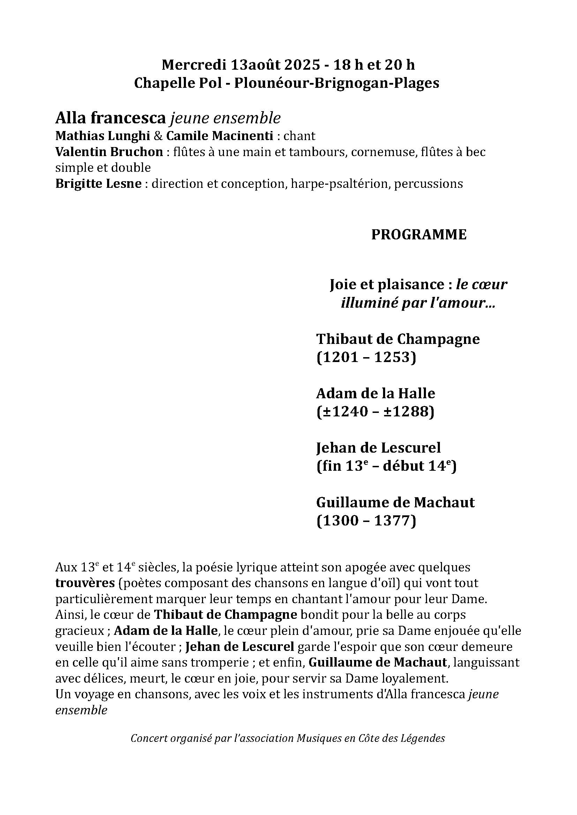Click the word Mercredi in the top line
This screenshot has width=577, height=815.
(x=194, y=65)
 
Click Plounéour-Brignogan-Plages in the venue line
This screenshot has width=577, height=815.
(x=336, y=83)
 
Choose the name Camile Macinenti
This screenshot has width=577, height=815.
(x=219, y=136)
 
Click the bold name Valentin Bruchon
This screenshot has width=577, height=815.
(x=109, y=152)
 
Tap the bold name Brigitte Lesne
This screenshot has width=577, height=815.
(x=98, y=184)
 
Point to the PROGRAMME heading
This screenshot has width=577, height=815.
(x=419, y=235)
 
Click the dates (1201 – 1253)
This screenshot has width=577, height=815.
(x=366, y=357)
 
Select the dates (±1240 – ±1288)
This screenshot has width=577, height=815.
(x=375, y=412)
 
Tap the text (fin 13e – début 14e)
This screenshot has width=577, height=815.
(x=386, y=466)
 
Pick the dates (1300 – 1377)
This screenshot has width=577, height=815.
(x=366, y=521)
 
